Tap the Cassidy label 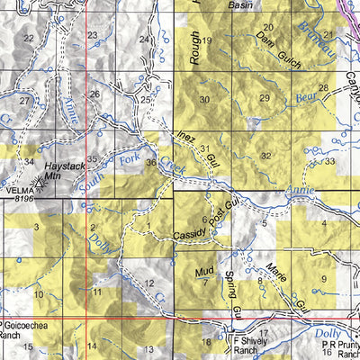pyautogui.click(x=190, y=231)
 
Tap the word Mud pyautogui.click(x=205, y=270)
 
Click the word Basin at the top pyautogui.click(x=239, y=4)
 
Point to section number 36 pyautogui.click(x=150, y=162)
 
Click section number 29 pyautogui.click(x=264, y=98)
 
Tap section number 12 pyautogui.click(x=148, y=283)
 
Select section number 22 pyautogui.click(x=29, y=38)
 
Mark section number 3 pyautogui.click(x=36, y=228)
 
